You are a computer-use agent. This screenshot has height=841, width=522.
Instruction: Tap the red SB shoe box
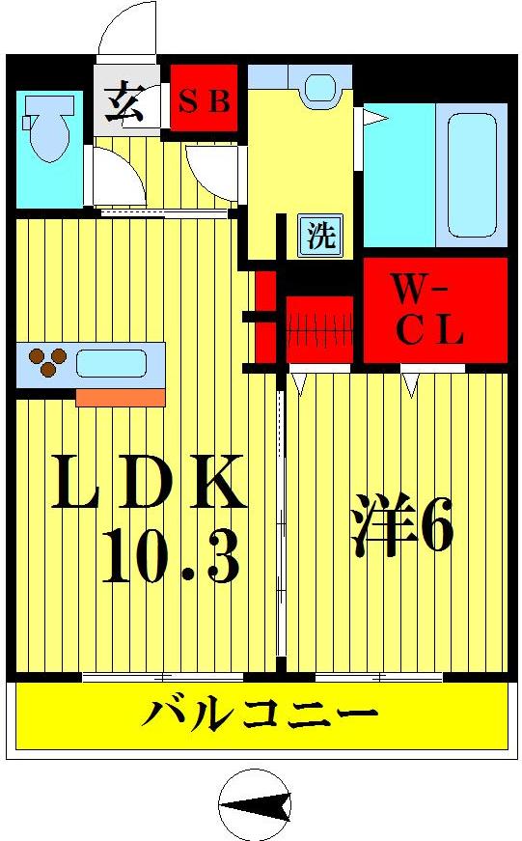204,99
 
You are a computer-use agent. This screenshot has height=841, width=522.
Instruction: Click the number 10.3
169,560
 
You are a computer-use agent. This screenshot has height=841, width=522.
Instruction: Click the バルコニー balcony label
261,716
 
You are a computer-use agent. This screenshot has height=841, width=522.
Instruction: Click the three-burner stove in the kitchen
43,364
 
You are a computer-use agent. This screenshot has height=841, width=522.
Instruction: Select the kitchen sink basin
112,364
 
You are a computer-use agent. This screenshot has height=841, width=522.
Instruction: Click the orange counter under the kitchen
120,396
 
